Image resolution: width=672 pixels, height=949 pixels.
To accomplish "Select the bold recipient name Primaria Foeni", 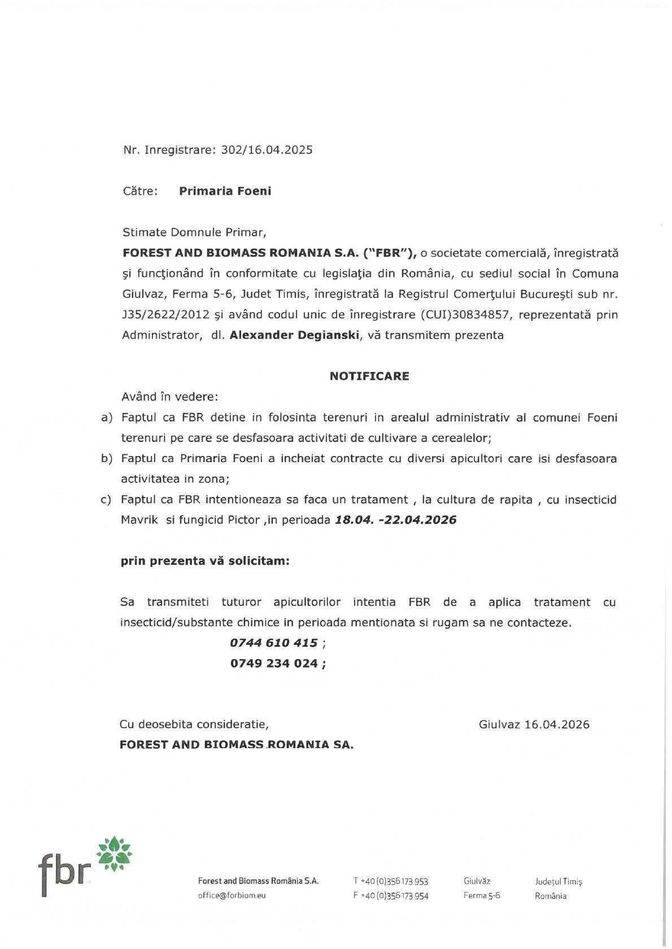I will [x=225, y=191].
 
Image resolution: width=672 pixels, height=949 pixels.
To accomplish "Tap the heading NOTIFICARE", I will [x=369, y=376].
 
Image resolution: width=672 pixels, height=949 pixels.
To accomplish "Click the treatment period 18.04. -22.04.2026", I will [x=395, y=520].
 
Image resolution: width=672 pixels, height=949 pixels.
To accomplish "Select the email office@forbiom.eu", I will [x=232, y=895].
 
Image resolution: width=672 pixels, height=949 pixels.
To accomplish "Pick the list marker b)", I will [x=107, y=459].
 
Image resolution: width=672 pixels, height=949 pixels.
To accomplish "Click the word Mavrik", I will [x=139, y=520].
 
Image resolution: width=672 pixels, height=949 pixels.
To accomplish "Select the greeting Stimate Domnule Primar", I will [x=194, y=232].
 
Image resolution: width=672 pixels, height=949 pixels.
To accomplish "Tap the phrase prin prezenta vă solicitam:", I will [x=205, y=561].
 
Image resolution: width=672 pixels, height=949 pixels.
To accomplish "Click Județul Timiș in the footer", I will [x=558, y=881].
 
